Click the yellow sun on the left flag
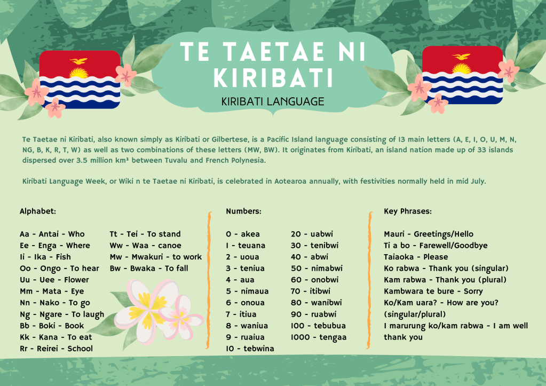pos(78,73)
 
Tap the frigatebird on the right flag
pos(461,57)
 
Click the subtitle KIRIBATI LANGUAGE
pos(273,101)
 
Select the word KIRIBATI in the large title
pos(273,77)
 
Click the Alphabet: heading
pos(37,211)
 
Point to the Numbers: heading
pos(243,211)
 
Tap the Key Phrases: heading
pos(408,211)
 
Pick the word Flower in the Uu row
pos(76,280)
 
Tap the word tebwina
pos(259,349)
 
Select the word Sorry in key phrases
pos(473,292)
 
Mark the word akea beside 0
pos(250,234)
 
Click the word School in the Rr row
pos(80,349)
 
